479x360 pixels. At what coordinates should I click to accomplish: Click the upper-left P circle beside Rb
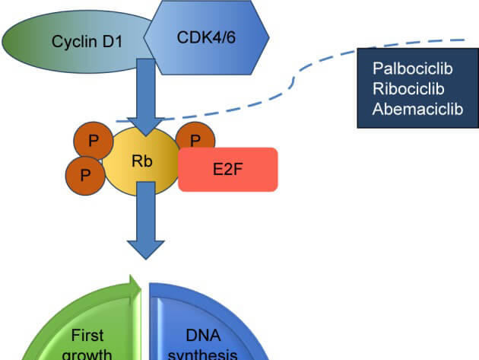92,141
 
